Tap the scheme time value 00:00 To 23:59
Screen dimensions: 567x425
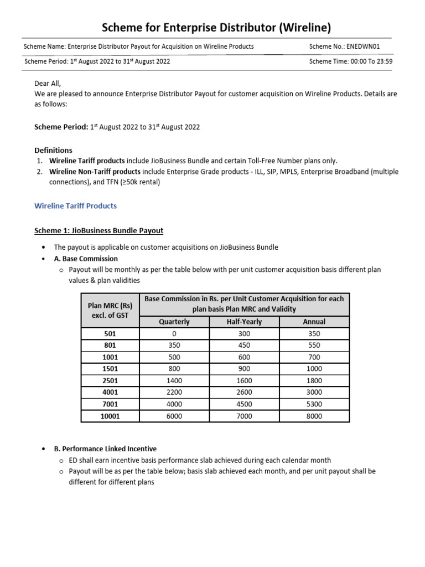[370, 61]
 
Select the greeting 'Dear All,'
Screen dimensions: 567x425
[48, 84]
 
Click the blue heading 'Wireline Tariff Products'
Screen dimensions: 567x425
[75, 206]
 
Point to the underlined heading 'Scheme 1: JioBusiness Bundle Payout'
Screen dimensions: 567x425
[99, 230]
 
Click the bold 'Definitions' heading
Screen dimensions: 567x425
[53, 150]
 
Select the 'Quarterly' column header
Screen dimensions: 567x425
[174, 322]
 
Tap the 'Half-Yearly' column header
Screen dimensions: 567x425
[244, 322]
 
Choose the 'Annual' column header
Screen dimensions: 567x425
[314, 322]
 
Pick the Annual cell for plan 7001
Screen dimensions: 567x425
[314, 405]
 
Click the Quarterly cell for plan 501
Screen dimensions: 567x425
[174, 334]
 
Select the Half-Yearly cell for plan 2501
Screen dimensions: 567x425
[244, 381]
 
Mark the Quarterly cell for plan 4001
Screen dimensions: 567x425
[174, 393]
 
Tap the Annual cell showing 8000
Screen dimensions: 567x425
[314, 416]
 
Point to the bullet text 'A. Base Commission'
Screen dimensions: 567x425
[86, 259]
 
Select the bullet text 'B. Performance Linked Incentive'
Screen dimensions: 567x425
[105, 449]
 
